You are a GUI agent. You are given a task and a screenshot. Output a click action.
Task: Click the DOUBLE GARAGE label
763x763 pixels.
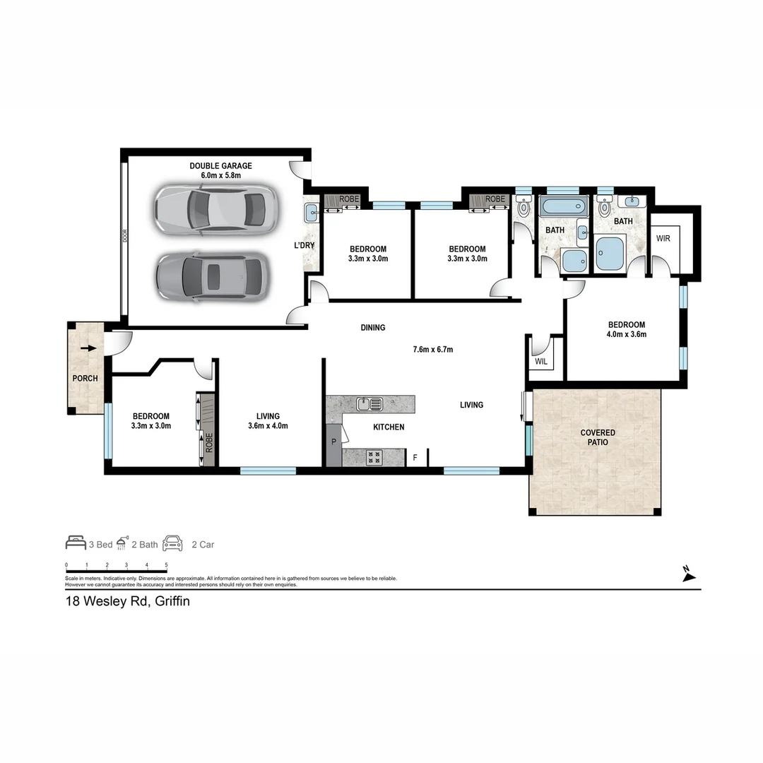click(220, 166)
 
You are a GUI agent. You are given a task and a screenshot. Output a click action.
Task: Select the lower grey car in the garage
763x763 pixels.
click(210, 276)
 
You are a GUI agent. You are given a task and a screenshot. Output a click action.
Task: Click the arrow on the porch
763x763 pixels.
click(88, 348)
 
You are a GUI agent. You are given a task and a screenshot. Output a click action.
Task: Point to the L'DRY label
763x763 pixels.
click(304, 246)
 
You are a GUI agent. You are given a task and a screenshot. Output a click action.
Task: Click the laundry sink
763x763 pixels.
click(312, 211)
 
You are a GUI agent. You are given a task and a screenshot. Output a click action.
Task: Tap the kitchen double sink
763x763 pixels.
click(369, 404)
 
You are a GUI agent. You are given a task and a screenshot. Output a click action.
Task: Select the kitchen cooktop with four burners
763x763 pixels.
click(374, 457)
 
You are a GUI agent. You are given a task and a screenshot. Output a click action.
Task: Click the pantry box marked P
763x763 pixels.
click(333, 442)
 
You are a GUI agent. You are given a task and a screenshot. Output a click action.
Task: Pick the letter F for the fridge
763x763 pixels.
click(415, 458)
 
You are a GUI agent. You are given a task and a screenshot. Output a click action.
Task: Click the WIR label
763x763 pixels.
click(663, 239)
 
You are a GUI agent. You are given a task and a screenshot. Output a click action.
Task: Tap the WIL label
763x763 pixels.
click(541, 362)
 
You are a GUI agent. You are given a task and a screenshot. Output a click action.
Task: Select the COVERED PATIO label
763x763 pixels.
click(598, 437)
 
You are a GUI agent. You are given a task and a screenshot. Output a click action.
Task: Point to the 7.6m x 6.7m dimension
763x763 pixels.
click(432, 349)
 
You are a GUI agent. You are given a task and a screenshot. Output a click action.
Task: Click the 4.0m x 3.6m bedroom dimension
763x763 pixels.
click(627, 335)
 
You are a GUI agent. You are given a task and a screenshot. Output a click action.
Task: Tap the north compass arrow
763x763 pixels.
click(689, 575)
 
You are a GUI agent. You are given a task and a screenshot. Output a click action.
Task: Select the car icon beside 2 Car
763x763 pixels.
click(173, 543)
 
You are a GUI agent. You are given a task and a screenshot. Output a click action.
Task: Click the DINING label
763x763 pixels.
click(373, 328)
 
